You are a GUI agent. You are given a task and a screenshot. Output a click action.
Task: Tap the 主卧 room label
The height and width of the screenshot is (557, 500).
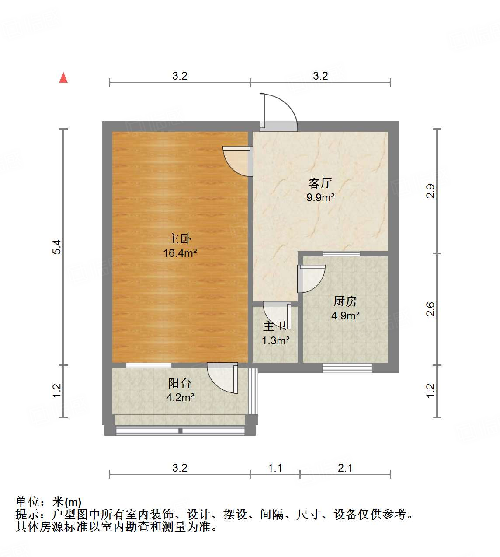click(x=180, y=239)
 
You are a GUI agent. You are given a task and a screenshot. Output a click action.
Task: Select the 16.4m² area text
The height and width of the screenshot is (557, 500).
click(x=180, y=253)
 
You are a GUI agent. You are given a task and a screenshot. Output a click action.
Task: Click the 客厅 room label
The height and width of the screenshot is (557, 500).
click(x=320, y=183)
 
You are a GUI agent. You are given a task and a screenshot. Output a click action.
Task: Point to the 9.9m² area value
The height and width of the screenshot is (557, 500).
click(x=320, y=197)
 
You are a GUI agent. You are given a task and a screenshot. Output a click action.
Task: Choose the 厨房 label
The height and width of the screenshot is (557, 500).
click(x=345, y=301)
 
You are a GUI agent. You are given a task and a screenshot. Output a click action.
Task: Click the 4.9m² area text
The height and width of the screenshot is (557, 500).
click(x=345, y=315)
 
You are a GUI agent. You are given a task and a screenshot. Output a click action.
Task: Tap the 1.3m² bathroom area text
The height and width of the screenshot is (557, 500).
click(x=276, y=340)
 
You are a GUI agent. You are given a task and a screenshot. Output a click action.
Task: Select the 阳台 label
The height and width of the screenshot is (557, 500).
click(x=180, y=383)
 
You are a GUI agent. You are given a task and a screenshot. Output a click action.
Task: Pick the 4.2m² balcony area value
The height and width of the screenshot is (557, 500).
click(x=180, y=397)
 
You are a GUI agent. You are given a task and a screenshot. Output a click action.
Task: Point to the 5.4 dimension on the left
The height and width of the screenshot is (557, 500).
click(x=57, y=247)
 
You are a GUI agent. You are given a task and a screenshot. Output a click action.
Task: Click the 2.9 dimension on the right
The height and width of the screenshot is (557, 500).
click(x=431, y=191)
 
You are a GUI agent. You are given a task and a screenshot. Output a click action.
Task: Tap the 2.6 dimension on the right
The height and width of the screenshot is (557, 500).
click(x=431, y=309)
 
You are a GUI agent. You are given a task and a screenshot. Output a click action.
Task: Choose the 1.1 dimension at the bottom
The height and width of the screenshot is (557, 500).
click(x=275, y=468)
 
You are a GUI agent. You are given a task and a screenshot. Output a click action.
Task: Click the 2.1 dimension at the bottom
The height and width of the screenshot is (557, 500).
click(x=345, y=468)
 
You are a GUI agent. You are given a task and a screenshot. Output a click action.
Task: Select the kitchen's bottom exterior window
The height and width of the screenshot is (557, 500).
click(x=347, y=368)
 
